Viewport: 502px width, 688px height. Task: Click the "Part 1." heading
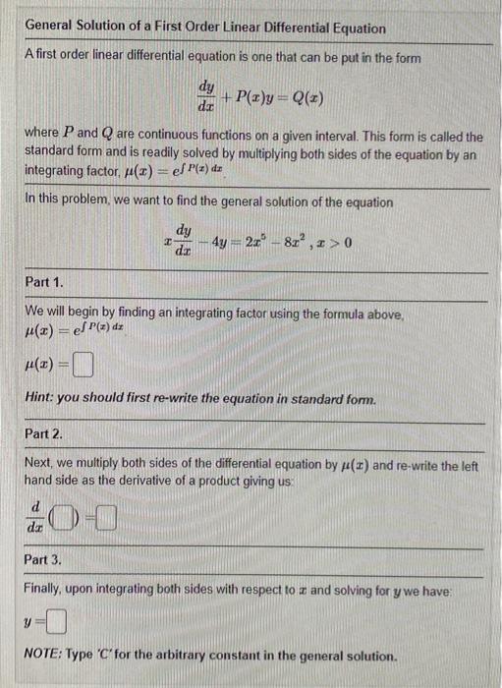(x=44, y=282)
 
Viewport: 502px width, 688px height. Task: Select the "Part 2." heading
(x=44, y=433)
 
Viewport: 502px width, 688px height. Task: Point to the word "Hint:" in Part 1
(x=41, y=400)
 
